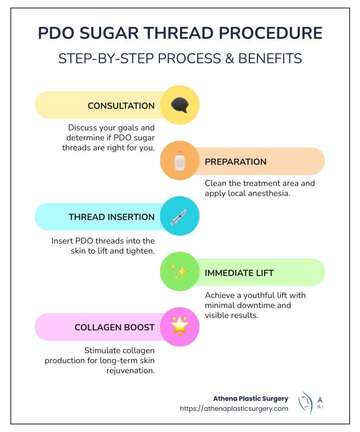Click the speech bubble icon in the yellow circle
pos(179,105)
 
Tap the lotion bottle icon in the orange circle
pos(180,161)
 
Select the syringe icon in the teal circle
pos(179,216)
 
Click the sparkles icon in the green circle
pos(179,272)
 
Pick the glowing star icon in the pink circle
pos(179,327)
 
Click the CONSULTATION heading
pos(121,106)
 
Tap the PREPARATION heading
pos(236,162)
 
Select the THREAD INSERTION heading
pos(111,217)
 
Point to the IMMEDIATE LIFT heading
pos(239,273)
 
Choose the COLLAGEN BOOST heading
pos(114,328)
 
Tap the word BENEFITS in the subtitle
pos(270,58)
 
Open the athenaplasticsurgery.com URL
pos(234,409)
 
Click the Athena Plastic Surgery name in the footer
pos(250,399)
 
